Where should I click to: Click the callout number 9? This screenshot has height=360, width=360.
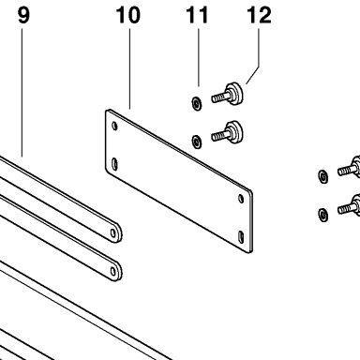pyautogui.click(x=23, y=15)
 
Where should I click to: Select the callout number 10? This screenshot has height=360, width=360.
pyautogui.click(x=128, y=15)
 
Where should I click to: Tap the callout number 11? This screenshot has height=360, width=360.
pyautogui.click(x=197, y=15)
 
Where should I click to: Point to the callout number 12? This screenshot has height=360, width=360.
pyautogui.click(x=259, y=15)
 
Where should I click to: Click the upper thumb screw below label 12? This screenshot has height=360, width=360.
pyautogui.click(x=228, y=95)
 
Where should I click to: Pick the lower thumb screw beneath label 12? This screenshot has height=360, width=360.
pyautogui.click(x=228, y=132)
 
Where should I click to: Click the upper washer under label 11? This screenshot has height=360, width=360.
pyautogui.click(x=197, y=103)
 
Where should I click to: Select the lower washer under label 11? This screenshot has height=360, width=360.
pyautogui.click(x=197, y=142)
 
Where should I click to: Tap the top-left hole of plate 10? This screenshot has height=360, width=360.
pyautogui.click(x=114, y=126)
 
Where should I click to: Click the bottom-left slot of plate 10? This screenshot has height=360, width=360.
pyautogui.click(x=114, y=164)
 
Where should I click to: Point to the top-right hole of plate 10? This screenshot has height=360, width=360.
pyautogui.click(x=241, y=199)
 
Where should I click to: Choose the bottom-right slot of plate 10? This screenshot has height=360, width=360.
pyautogui.click(x=241, y=237)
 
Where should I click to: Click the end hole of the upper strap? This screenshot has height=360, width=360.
pyautogui.click(x=113, y=233)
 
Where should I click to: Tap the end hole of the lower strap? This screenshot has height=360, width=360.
pyautogui.click(x=113, y=271)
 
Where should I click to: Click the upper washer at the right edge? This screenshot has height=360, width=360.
pyautogui.click(x=323, y=176)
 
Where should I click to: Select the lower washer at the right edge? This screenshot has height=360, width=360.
pyautogui.click(x=323, y=215)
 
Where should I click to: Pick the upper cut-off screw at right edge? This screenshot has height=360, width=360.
pyautogui.click(x=349, y=167)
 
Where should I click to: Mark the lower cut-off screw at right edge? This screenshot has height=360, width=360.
pyautogui.click(x=349, y=205)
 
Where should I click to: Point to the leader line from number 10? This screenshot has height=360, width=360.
pyautogui.click(x=129, y=68)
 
